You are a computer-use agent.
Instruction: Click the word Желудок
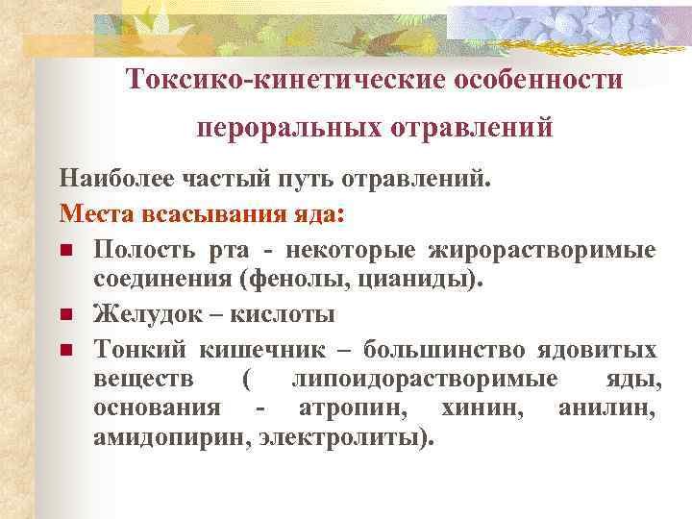coord(139,314)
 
